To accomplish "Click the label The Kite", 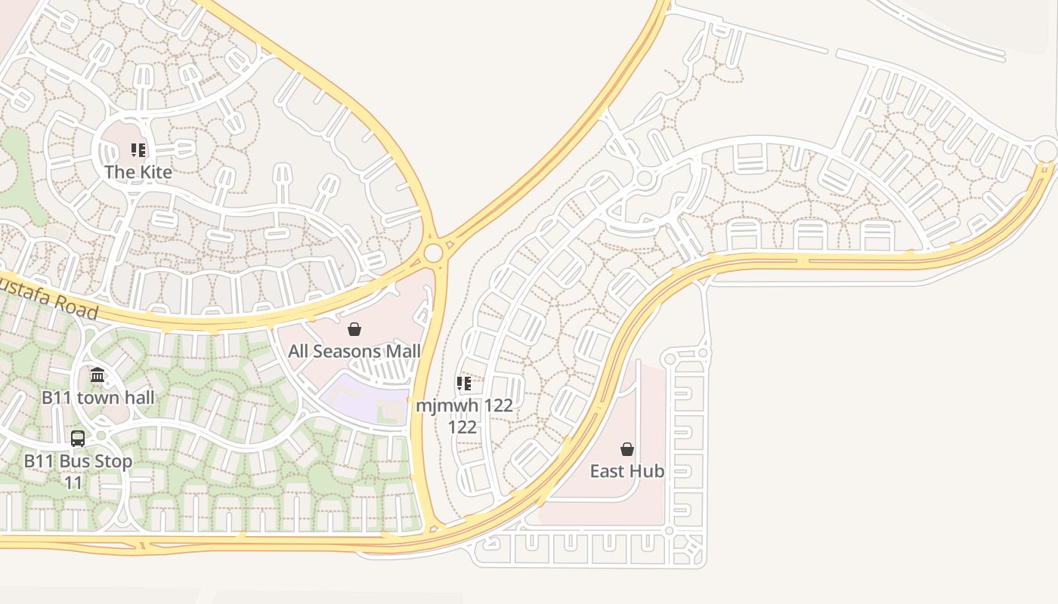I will pos(138,171).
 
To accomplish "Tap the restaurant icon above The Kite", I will pos(138,150).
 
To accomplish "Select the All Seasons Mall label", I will pos(354,351).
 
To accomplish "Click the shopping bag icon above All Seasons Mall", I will pos(354,329).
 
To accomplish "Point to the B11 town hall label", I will pos(98,397).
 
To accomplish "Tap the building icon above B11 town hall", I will pos(97,375).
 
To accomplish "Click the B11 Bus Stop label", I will pos(78,461).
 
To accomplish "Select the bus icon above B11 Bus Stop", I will pos(78,439).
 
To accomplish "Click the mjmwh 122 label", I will pos(464,405).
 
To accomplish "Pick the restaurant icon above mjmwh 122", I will pos(464,384).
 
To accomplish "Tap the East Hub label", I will pos(627,471).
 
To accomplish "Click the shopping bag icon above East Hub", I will pos(627,449).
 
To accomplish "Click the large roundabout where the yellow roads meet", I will pos(433,253).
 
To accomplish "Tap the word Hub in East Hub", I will pos(648,471).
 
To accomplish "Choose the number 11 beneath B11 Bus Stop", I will pos(73,482).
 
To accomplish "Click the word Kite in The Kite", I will pos(155,171).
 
